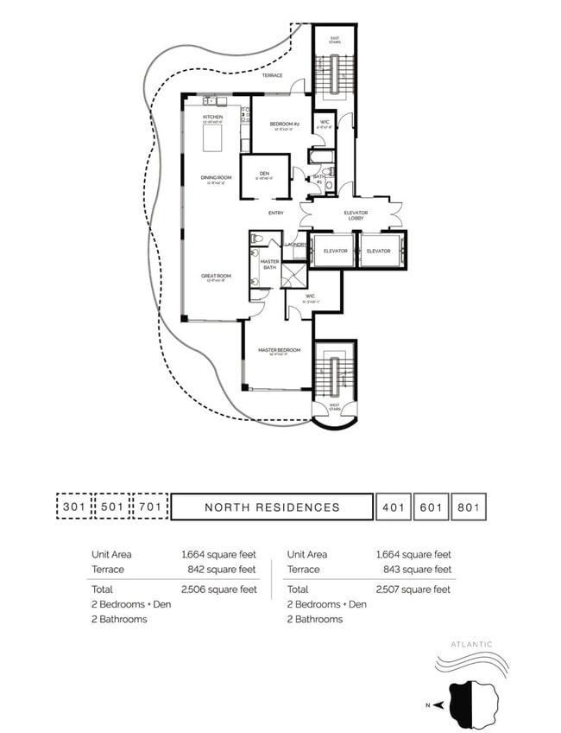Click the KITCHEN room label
212,117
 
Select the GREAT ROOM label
213,277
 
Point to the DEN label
264,174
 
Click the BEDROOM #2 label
284,124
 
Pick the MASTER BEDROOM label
279,350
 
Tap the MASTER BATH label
270,264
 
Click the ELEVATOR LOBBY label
354,215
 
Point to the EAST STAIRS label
336,41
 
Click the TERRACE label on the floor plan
272,75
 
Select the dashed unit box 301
73,507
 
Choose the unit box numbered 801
469,507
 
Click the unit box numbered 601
430,507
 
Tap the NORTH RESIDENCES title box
272,507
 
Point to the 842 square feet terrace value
222,570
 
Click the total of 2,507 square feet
417,590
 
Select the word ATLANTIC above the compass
471,644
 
